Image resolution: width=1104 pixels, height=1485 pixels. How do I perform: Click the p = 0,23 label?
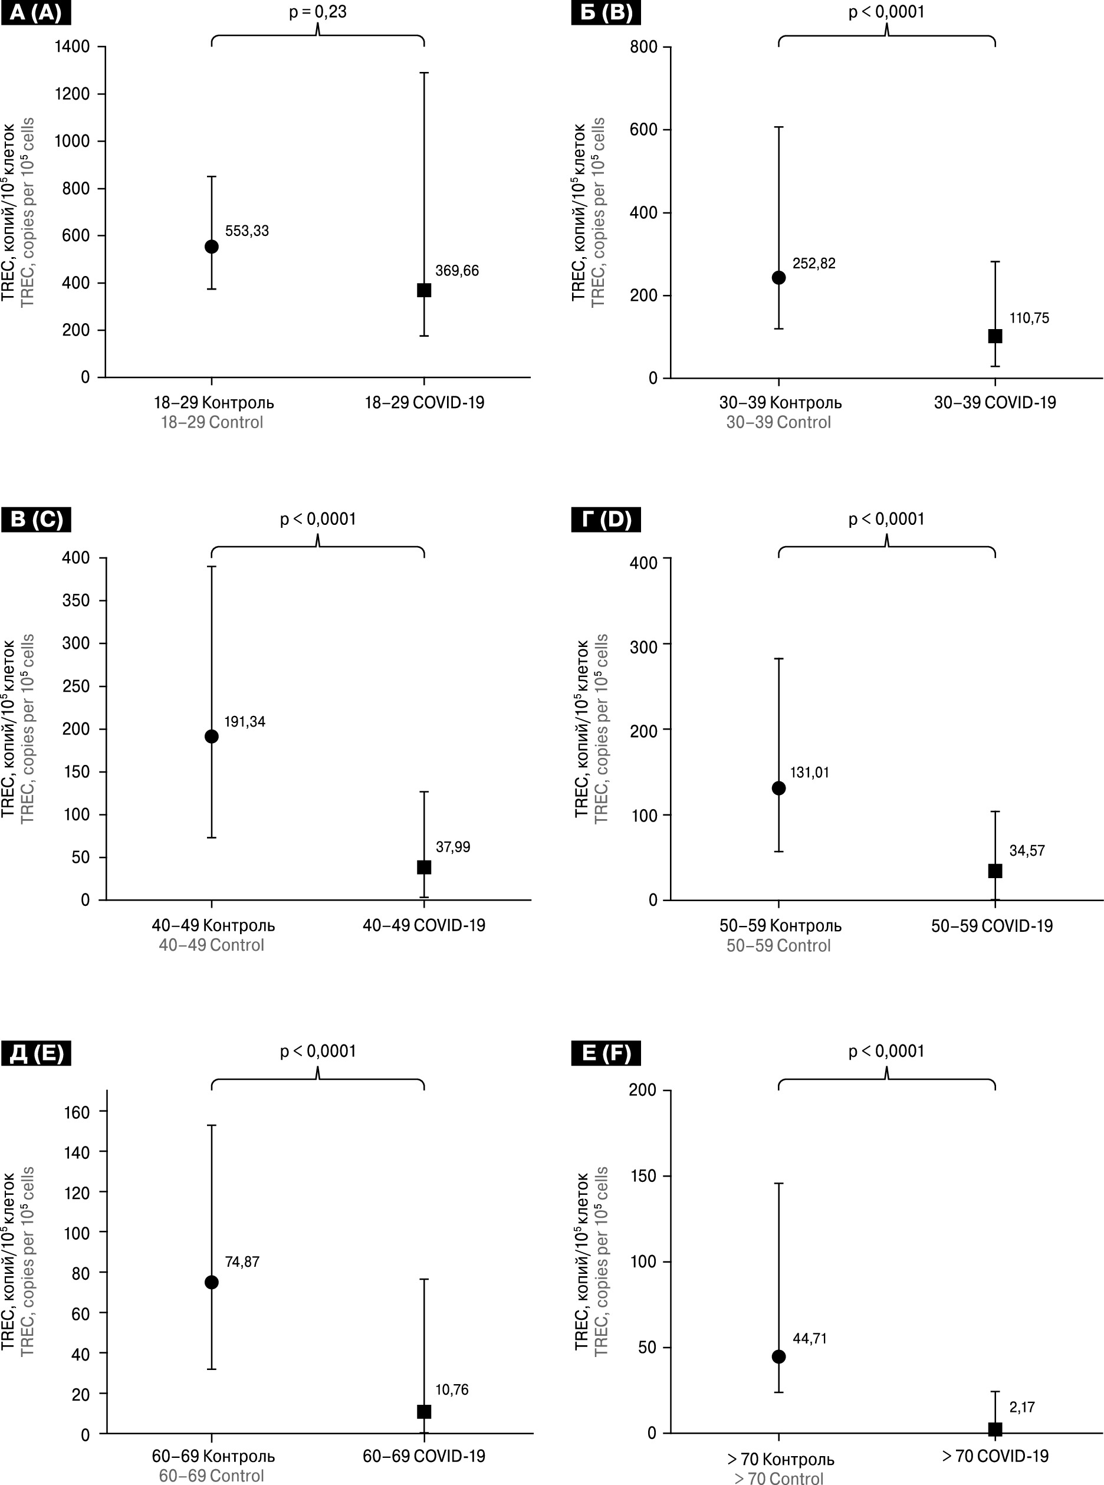tap(317, 12)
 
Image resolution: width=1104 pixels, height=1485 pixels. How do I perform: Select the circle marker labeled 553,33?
tap(211, 247)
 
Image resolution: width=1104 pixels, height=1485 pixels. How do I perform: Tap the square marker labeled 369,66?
tap(423, 290)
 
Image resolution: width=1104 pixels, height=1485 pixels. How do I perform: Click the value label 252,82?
tap(813, 263)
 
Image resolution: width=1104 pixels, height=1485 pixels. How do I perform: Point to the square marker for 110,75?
tap(995, 336)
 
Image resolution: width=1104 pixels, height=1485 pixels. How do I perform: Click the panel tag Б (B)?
tap(606, 13)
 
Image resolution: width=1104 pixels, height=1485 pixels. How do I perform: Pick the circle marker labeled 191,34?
tap(211, 737)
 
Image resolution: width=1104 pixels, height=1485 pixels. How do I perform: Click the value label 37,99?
tap(452, 847)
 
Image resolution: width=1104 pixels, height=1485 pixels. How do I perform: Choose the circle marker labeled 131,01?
tap(778, 788)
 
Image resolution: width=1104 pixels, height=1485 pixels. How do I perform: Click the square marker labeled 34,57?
tap(995, 871)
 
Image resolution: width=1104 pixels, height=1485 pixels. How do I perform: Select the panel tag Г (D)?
tap(606, 520)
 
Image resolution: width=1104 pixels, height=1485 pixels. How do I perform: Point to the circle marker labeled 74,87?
tap(211, 1282)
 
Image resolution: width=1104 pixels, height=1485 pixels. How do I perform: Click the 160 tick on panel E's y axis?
tap(76, 1112)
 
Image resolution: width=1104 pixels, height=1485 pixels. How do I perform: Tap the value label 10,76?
tap(452, 1389)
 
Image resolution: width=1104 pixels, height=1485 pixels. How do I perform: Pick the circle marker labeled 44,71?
tap(778, 1356)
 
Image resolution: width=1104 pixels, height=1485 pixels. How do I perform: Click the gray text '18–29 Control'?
tap(212, 422)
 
